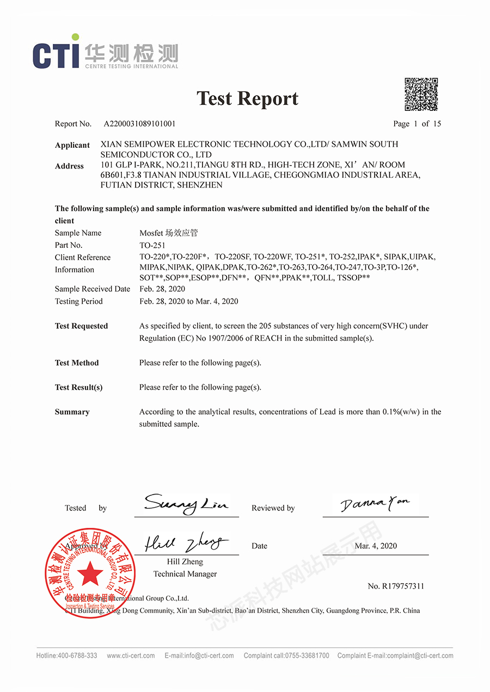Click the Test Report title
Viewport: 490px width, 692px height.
247,98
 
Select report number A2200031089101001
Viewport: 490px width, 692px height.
140,124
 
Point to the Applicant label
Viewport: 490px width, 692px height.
72,145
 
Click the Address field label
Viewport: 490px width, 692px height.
69,166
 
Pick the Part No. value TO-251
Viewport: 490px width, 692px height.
152,245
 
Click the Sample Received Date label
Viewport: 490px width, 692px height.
93,289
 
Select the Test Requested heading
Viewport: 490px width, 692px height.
81,326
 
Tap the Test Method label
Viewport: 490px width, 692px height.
77,363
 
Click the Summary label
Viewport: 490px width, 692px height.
72,412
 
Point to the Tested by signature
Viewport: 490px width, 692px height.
186,504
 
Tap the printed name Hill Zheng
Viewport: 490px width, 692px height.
185,562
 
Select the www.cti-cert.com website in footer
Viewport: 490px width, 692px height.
131,656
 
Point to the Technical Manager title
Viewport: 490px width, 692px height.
185,574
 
